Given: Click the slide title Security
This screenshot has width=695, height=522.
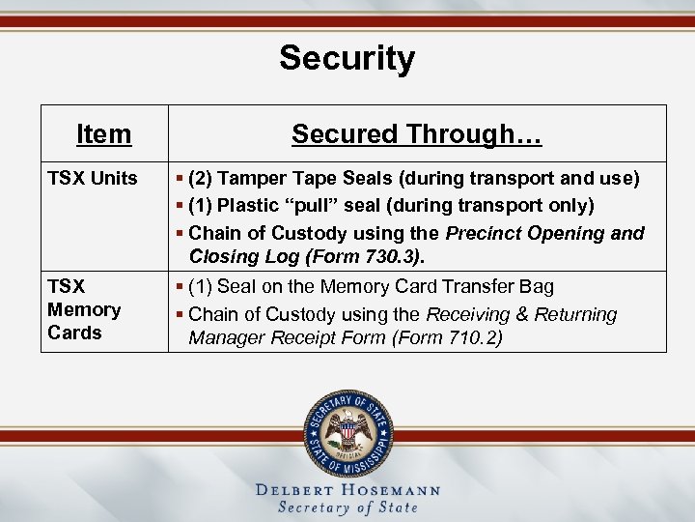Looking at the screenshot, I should tap(347, 58).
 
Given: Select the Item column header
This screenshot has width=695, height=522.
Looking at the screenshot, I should tap(103, 133).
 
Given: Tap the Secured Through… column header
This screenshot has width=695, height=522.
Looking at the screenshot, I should tap(416, 133).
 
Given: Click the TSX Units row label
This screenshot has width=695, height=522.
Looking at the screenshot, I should tap(93, 179).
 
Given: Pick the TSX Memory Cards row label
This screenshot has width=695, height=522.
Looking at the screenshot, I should tap(84, 309).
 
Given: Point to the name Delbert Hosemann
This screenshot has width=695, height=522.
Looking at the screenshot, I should tap(347, 490).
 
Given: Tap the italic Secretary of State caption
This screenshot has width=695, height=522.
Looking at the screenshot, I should tap(347, 507).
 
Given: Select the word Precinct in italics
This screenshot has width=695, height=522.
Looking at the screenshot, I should tap(484, 233).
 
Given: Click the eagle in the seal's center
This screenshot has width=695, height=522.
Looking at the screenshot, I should tap(347, 429).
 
